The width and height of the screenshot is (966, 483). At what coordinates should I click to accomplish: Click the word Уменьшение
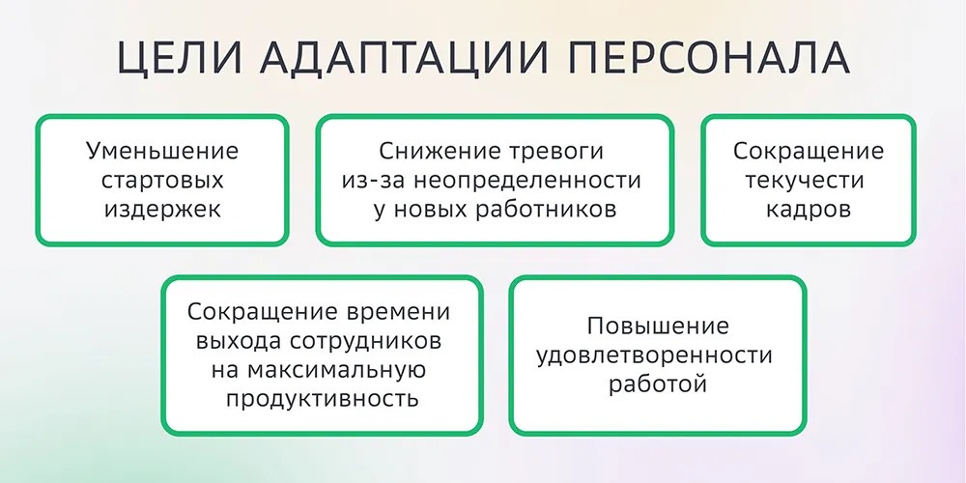click(162, 152)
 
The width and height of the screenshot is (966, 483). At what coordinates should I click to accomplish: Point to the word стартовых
click(162, 181)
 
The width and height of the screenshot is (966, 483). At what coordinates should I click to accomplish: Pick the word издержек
click(162, 210)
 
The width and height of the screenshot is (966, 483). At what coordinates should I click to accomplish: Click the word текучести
click(809, 181)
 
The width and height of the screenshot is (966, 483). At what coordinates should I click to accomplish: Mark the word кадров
click(809, 210)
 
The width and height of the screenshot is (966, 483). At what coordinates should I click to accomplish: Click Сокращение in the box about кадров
click(809, 152)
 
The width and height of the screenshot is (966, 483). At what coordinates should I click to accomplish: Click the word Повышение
click(658, 327)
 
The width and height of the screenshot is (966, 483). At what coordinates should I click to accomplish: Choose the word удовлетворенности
click(658, 355)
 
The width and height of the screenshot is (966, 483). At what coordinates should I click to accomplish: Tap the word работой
click(658, 384)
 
